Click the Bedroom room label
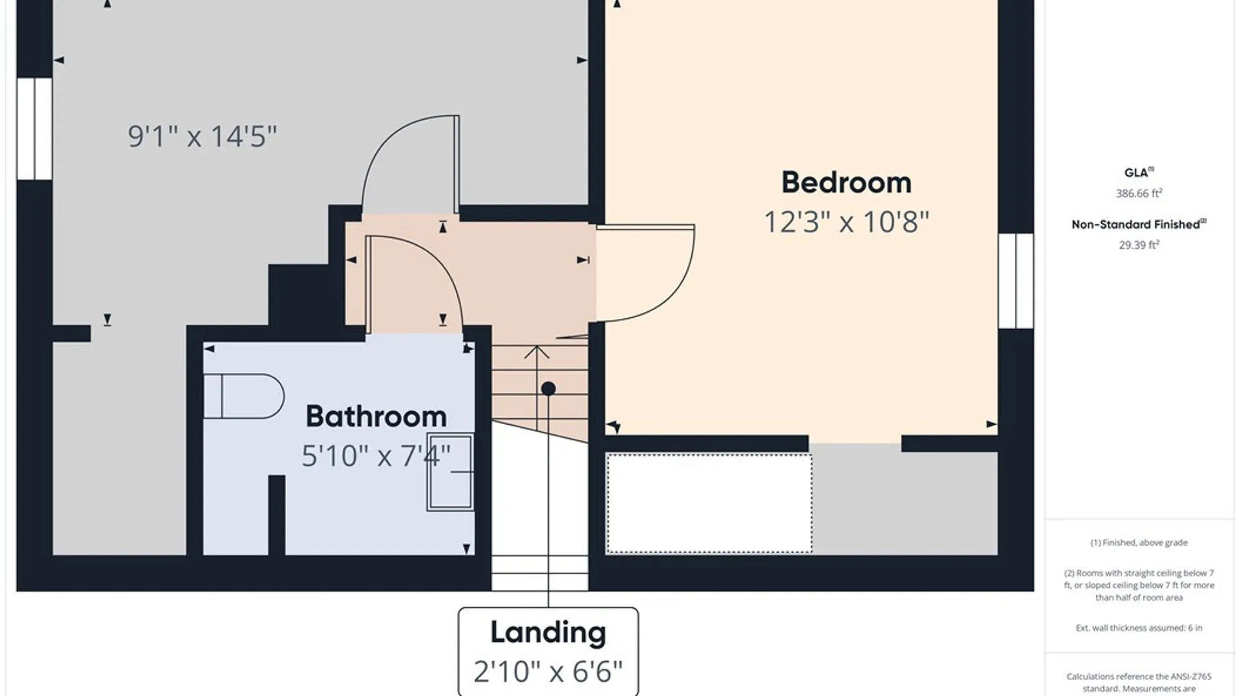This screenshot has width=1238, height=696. (847, 182)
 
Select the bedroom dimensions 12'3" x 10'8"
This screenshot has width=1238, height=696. (847, 222)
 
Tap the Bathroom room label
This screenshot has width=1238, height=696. (376, 416)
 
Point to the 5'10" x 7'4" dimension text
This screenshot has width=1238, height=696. (376, 456)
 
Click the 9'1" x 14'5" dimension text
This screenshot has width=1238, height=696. (202, 136)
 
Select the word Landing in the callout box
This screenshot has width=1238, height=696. (548, 632)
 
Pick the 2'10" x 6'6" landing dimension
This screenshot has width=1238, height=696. (548, 672)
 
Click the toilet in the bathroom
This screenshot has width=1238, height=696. (244, 396)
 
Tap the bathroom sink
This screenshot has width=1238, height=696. (450, 472)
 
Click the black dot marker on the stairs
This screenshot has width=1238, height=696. (548, 389)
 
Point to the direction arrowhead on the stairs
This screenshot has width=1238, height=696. (536, 353)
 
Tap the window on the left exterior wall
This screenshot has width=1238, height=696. (34, 129)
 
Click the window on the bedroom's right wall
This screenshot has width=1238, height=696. (1016, 281)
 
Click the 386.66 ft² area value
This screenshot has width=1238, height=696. (1139, 193)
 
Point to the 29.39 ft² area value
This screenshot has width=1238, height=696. (1139, 245)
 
